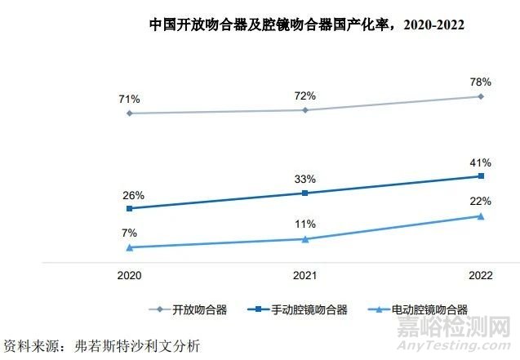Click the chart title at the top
[306, 24]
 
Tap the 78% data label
[480, 82]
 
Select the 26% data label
[134, 195]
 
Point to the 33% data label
[305, 179]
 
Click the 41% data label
[480, 162]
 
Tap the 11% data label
[305, 224]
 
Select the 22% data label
[480, 201]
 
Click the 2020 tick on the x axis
[129, 277]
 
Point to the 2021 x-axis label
[305, 277]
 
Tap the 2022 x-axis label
[480, 277]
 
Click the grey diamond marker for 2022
[481, 96]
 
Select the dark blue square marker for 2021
[305, 193]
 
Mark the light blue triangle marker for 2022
[481, 216]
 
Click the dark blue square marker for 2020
[130, 208]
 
